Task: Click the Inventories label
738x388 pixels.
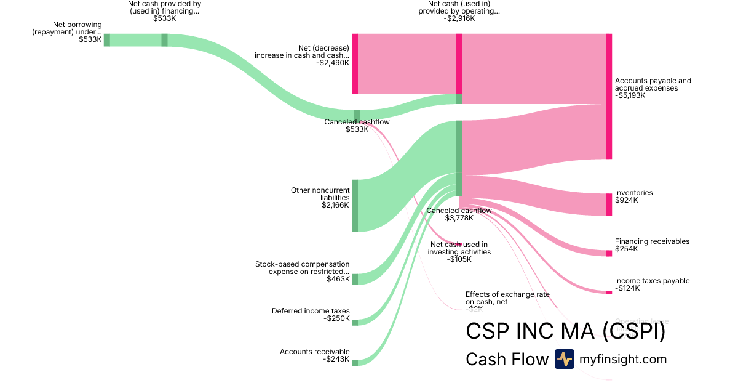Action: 633,193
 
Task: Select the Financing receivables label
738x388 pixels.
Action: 652,241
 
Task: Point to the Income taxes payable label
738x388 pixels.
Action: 652,281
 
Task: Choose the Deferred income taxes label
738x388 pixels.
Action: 311,311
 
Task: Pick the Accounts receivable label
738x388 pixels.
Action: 314,352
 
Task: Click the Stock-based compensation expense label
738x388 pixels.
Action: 302,268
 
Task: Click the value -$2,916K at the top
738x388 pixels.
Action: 463,18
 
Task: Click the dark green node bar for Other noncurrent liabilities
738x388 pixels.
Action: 355,206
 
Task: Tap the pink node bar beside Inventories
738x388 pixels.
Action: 609,204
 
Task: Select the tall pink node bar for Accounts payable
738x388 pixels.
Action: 609,96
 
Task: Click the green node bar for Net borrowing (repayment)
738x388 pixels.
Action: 106,40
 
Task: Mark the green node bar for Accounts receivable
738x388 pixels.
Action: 355,363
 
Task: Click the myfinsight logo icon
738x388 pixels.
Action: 564,359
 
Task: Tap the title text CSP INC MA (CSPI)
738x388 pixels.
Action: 565,331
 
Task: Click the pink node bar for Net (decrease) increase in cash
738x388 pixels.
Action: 355,63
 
